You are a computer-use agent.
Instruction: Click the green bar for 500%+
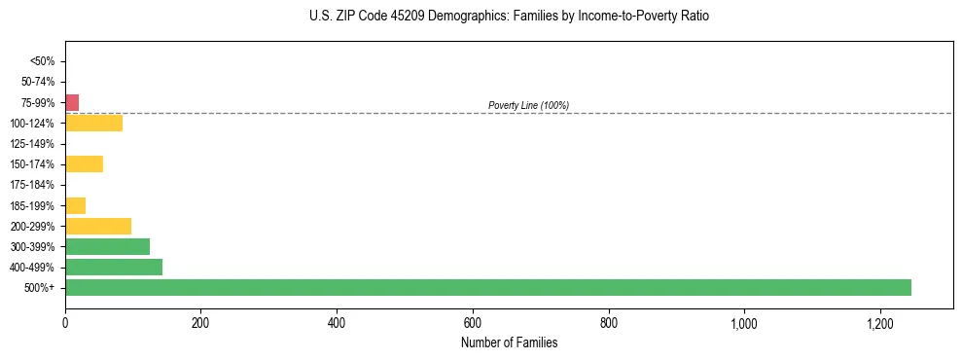click(487, 288)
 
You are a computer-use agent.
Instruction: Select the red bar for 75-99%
click(72, 102)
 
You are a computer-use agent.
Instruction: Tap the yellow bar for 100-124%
click(93, 124)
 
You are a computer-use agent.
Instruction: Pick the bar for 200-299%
click(98, 226)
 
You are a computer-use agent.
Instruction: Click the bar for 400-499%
click(114, 268)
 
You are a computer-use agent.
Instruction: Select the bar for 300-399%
click(107, 246)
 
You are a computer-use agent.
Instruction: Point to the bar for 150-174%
click(84, 164)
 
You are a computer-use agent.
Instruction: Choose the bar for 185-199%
click(75, 205)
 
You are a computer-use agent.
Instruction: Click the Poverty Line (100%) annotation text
click(528, 105)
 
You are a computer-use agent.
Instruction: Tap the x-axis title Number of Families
click(509, 342)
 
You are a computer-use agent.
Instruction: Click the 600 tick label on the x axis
click(473, 322)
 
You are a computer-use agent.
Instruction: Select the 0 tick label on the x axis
click(65, 322)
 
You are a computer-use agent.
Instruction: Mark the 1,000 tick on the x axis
click(744, 322)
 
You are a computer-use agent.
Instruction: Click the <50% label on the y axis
click(43, 61)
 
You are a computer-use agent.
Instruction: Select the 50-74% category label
click(38, 82)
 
